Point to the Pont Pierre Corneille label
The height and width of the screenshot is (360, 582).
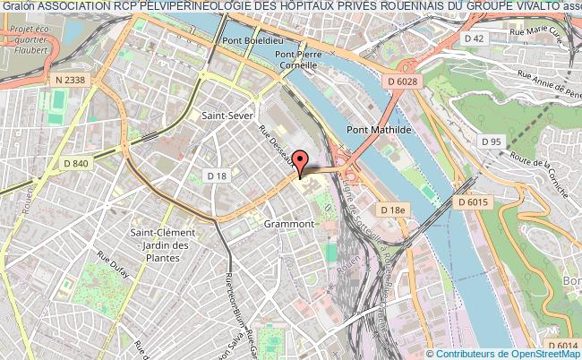click(x=294, y=58)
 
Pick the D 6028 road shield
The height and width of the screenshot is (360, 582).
click(x=404, y=82)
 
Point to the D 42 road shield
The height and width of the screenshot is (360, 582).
click(x=475, y=39)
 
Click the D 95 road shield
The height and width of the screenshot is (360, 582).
click(x=490, y=141)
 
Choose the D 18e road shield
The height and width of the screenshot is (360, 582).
click(x=393, y=210)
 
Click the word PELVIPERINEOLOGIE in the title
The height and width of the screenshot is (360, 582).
click(x=179, y=8)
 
